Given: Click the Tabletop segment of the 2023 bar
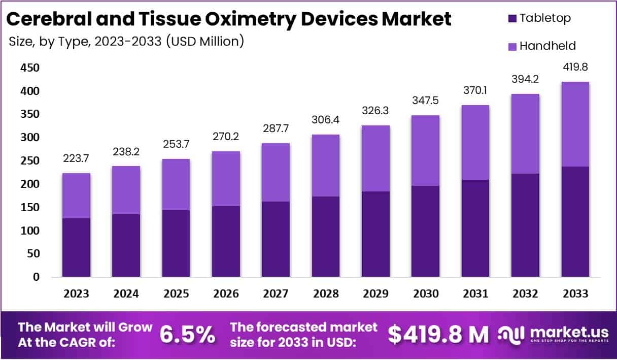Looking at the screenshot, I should [x=76, y=247].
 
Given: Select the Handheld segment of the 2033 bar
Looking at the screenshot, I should [x=575, y=124].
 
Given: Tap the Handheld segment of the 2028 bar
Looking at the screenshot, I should [x=326, y=166].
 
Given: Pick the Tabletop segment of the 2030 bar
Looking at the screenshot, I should [x=425, y=231].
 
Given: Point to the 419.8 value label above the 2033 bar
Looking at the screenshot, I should [x=575, y=67].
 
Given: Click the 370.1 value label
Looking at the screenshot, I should [x=475, y=90].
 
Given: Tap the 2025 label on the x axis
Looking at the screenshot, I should [x=176, y=294].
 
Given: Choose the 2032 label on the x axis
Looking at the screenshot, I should [x=525, y=294].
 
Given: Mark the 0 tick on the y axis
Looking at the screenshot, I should [x=36, y=277].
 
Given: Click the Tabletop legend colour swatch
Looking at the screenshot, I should [x=511, y=18].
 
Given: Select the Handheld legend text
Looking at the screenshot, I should [x=547, y=46].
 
